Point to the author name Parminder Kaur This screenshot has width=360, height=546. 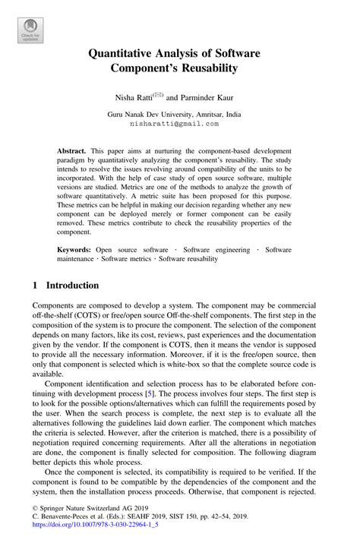(x=212, y=97)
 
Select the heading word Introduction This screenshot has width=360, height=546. (x=72, y=286)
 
